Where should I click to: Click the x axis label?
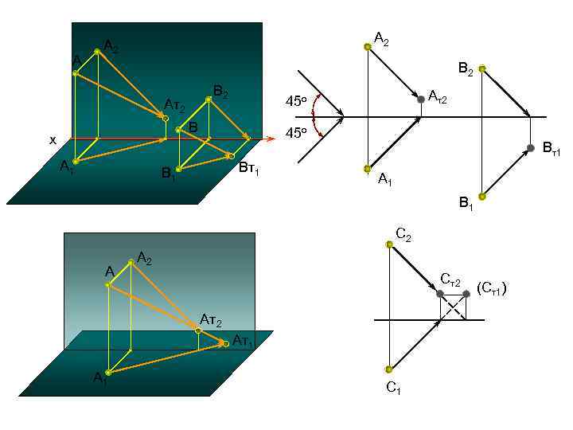tap(53, 140)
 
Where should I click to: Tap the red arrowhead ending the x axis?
tap(271, 139)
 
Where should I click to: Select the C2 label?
tap(403, 234)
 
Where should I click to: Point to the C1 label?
tap(393, 388)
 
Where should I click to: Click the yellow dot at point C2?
tap(390, 244)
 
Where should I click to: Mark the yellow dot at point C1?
tap(389, 369)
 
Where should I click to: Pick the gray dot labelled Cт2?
tap(440, 294)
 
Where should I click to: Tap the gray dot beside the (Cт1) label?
tap(466, 294)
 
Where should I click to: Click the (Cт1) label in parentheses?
tap(491, 287)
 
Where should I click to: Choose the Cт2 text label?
tap(450, 279)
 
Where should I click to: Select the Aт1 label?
tap(243, 342)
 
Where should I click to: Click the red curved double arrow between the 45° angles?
tap(317, 117)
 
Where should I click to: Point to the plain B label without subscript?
tap(193, 127)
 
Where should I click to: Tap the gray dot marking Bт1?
tap(530, 148)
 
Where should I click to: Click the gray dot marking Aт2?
tap(421, 99)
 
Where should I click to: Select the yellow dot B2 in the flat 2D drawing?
tap(481, 68)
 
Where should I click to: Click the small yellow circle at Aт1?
tap(226, 343)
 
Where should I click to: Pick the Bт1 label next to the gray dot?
tap(552, 148)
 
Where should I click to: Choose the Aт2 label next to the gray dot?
tap(438, 97)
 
